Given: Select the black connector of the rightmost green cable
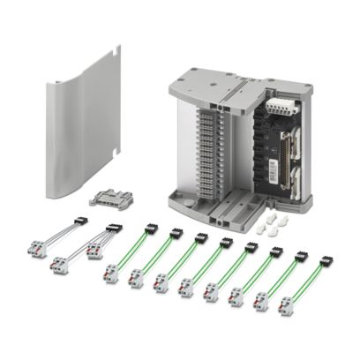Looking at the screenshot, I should [x=326, y=261].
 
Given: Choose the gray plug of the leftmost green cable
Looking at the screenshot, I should [x=111, y=274].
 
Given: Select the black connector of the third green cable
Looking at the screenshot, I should [x=200, y=238].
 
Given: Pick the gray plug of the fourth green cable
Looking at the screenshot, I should [x=185, y=287].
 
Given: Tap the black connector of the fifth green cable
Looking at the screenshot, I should [x=251, y=248].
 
